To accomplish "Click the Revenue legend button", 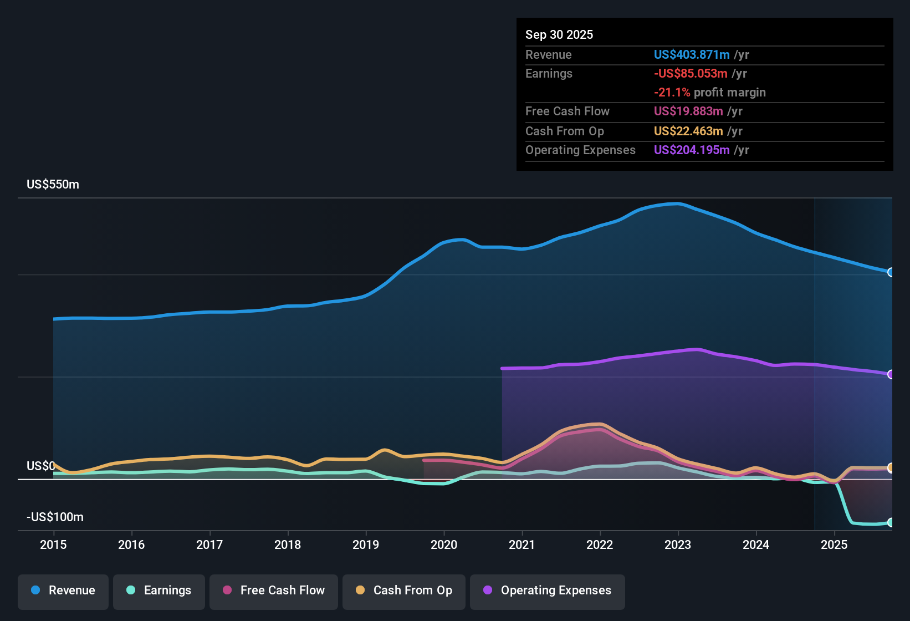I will pyautogui.click(x=63, y=591).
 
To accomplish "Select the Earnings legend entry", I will pyautogui.click(x=159, y=591).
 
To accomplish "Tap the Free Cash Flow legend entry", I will pyautogui.click(x=274, y=591).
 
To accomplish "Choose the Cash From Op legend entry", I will pyautogui.click(x=404, y=591).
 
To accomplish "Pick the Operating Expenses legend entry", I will pyautogui.click(x=548, y=591).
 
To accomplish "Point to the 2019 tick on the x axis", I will pyautogui.click(x=366, y=544).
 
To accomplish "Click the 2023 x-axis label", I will pyautogui.click(x=678, y=544).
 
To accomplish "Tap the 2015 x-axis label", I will pyautogui.click(x=53, y=544).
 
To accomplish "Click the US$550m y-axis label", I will pyautogui.click(x=53, y=185).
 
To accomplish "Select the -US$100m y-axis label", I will pyautogui.click(x=55, y=517).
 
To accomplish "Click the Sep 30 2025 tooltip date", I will pyautogui.click(x=559, y=35).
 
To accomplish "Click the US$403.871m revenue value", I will pyautogui.click(x=692, y=54).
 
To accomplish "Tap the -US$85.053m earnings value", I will pyautogui.click(x=691, y=73).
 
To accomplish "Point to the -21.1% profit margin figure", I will pyautogui.click(x=672, y=93).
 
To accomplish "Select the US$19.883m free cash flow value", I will pyautogui.click(x=688, y=111).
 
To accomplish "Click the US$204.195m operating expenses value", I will pyautogui.click(x=692, y=150).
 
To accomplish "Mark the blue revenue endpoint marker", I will pyautogui.click(x=891, y=272).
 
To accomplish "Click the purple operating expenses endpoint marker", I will pyautogui.click(x=891, y=374).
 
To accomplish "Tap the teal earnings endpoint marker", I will pyautogui.click(x=891, y=522).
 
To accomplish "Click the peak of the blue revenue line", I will pyautogui.click(x=677, y=203).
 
